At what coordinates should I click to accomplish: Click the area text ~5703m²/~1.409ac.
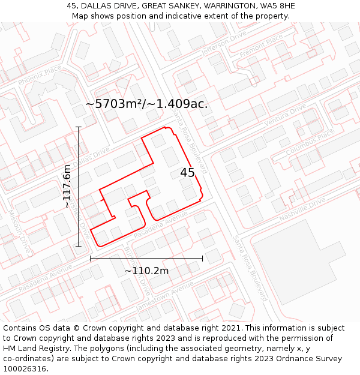click(x=146, y=104)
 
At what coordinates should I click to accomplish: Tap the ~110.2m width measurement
click(x=146, y=271)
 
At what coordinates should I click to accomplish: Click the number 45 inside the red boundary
click(x=187, y=173)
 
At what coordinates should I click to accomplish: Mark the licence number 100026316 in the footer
click(x=24, y=368)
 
